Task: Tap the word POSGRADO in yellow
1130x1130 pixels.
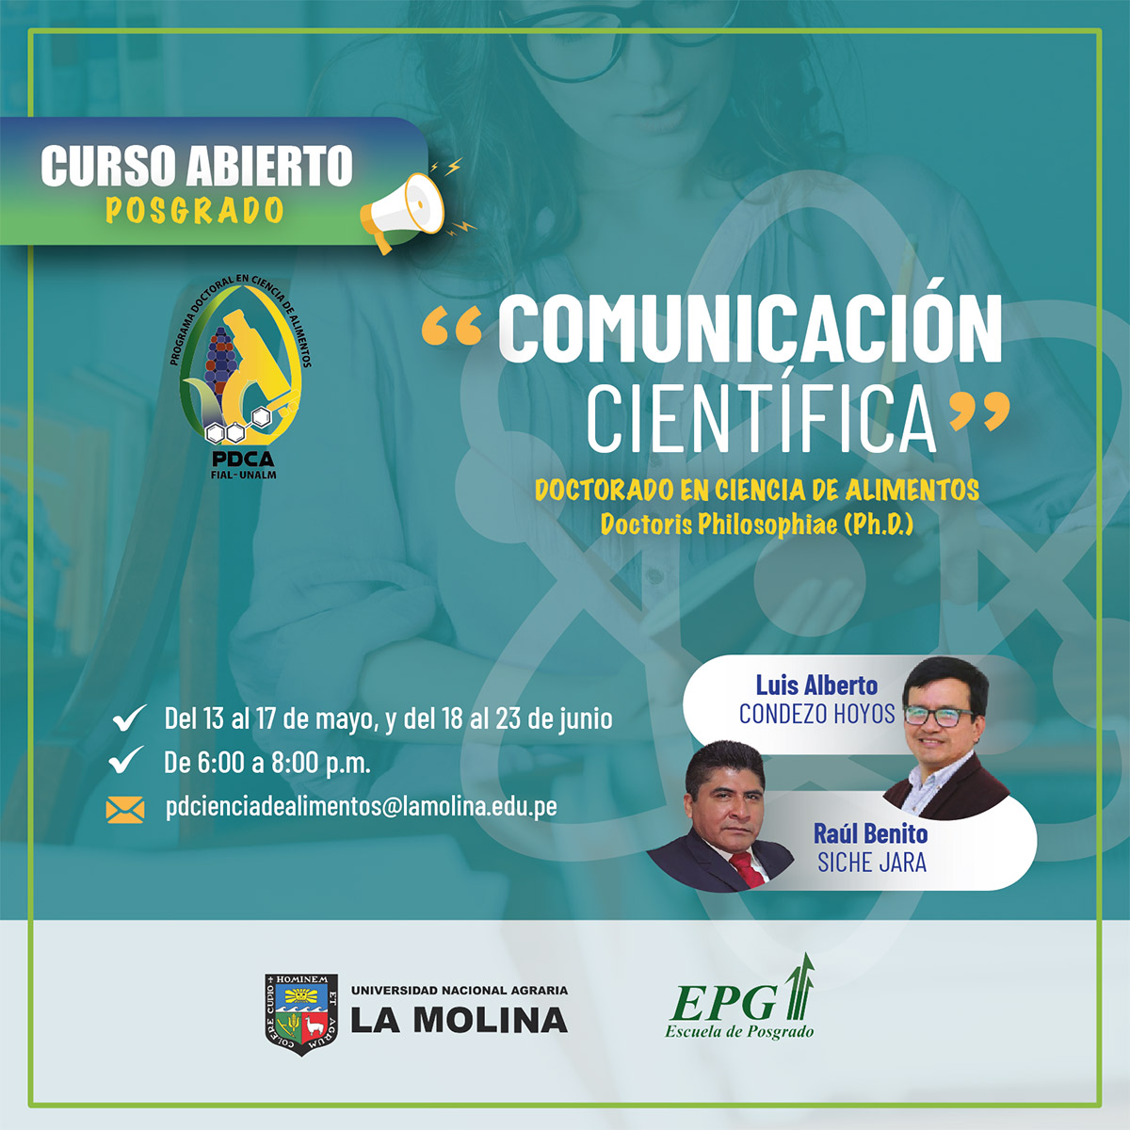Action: [195, 211]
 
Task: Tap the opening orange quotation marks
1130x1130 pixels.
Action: [452, 327]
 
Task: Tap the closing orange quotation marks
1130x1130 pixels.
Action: [979, 410]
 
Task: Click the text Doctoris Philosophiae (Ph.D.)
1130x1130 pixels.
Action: [756, 525]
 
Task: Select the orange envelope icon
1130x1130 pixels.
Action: [125, 810]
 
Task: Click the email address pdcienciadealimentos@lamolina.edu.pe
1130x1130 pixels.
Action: [362, 806]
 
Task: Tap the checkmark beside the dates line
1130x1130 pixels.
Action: [129, 718]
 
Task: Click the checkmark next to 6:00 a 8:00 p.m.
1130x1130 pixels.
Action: [126, 760]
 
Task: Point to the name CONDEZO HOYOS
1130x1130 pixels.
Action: [816, 714]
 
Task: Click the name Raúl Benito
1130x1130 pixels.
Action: [870, 834]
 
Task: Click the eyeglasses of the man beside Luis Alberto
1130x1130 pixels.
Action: [938, 716]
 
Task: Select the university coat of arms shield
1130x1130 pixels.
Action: [301, 1014]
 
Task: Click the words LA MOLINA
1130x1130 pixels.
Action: [460, 1022]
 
